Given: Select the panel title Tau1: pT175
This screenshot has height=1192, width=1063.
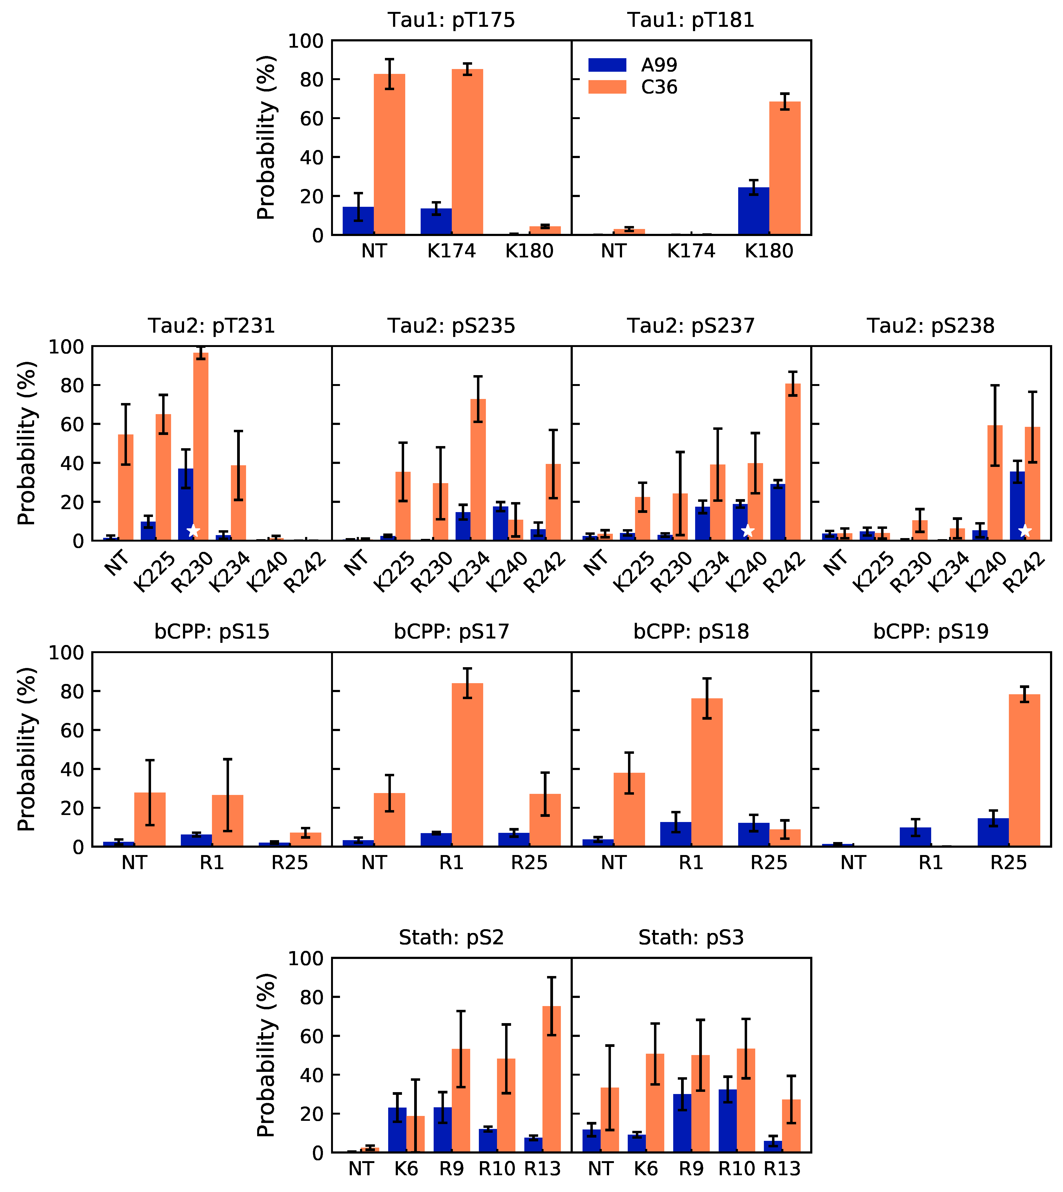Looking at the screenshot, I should (x=452, y=21).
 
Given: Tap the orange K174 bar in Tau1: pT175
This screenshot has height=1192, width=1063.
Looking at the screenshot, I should (x=467, y=152).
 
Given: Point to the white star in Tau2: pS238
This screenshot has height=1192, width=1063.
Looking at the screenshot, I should (x=1025, y=531).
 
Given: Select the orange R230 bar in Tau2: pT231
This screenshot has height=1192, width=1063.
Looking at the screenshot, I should (x=200, y=447).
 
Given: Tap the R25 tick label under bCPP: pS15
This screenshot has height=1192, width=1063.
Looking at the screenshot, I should (x=290, y=863).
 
